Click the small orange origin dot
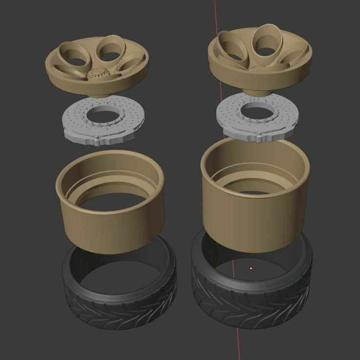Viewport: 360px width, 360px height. tap(251, 268)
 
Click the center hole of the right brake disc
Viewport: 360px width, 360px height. tap(259, 111)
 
